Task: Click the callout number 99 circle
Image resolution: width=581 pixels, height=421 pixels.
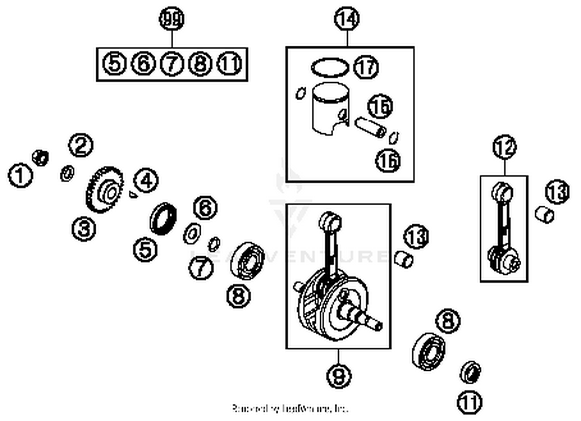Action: coord(172,19)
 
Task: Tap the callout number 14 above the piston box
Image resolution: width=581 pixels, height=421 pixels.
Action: coord(347,19)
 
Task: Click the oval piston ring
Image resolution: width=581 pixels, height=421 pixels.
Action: coord(330,68)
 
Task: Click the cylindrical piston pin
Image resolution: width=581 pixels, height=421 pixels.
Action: coord(370,127)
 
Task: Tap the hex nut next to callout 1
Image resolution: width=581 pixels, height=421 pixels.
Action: coord(40,157)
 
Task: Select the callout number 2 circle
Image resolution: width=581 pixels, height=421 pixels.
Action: coord(81,145)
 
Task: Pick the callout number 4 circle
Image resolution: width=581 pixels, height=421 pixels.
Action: coord(146,180)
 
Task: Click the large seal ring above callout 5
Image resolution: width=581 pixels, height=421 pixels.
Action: coord(163,218)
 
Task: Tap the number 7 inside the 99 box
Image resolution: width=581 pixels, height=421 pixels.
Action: coord(172,64)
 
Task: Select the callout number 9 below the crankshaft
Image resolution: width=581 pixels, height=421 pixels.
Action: coord(339,375)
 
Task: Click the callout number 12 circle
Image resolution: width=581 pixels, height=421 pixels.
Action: coord(505,148)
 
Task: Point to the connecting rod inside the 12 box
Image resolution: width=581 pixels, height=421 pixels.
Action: coord(504,229)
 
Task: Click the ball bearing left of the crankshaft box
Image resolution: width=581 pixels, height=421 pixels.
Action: coord(247,261)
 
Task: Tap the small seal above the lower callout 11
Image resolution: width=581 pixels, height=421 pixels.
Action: coord(470,372)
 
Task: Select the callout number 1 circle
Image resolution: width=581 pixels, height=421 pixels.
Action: coord(20,175)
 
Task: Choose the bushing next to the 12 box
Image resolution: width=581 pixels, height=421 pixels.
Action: coord(544,215)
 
